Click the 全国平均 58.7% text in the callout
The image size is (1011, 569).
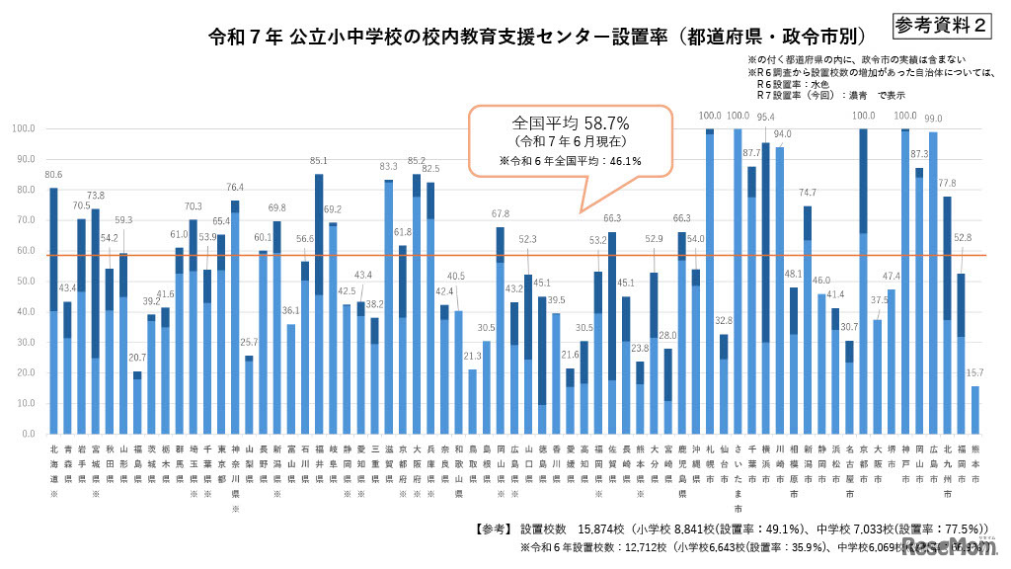571,122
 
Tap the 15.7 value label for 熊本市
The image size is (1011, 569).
975,373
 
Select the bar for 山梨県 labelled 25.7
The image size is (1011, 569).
249,394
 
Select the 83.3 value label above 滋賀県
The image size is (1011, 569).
388,167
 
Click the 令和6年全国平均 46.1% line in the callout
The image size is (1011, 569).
571,161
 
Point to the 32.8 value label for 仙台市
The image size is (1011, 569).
723,321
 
